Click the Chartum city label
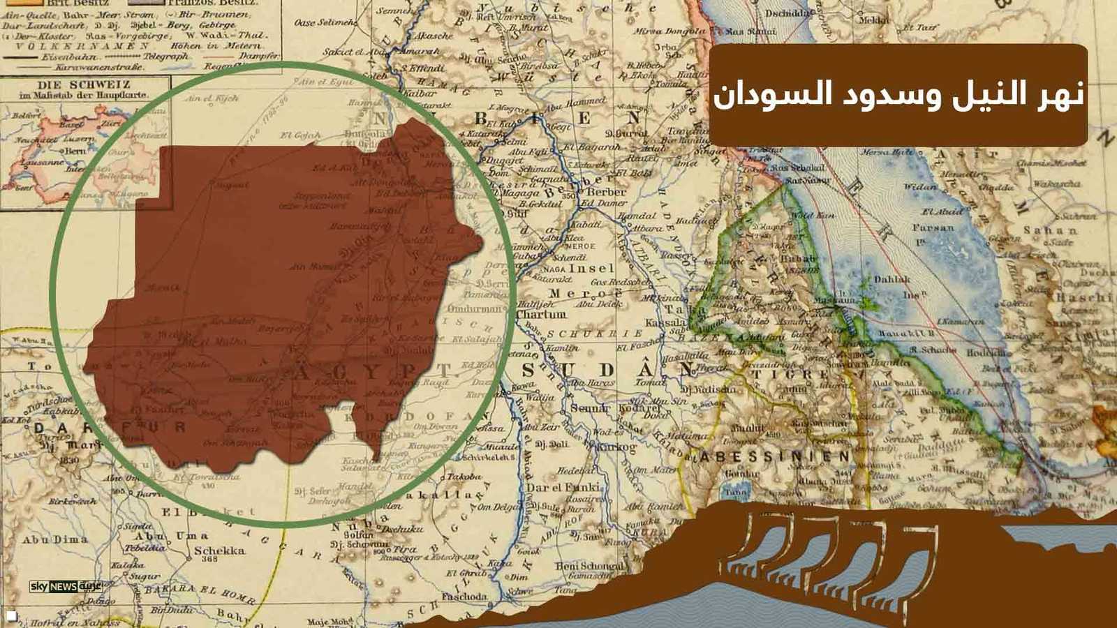pos(540,315)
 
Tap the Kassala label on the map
pos(665,323)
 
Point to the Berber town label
pos(606,192)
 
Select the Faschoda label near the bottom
pos(464,597)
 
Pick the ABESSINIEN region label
pos(775,457)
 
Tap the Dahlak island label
pos(892,279)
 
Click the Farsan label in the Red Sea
pos(933,227)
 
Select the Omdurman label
pos(474,308)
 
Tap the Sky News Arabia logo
pos(66,587)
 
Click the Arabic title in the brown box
pos(898,95)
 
